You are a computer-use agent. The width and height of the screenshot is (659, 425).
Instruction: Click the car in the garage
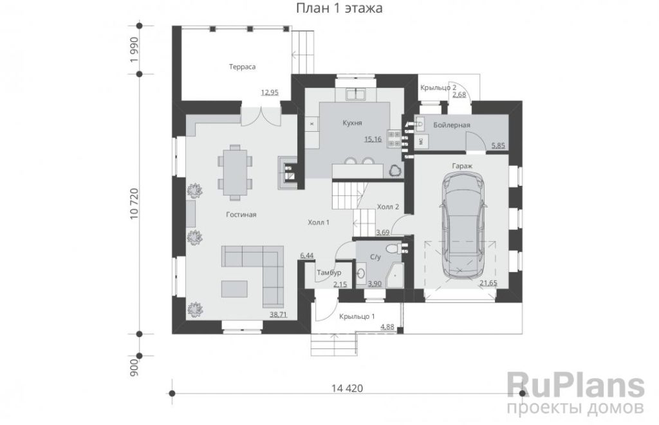tap(462, 226)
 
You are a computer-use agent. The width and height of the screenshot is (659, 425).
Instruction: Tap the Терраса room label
tap(242, 67)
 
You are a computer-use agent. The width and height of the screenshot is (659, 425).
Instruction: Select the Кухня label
tap(352, 123)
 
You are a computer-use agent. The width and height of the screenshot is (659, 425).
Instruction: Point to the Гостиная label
tap(241, 215)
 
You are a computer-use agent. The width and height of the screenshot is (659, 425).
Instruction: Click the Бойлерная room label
tap(452, 125)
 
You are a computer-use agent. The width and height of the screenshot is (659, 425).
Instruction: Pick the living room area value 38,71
tap(278, 314)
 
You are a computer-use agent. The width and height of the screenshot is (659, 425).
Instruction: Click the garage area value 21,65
tap(488, 283)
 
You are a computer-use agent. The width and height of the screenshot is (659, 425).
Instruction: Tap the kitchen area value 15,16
tap(373, 139)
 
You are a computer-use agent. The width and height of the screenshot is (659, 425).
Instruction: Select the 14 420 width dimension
tap(347, 388)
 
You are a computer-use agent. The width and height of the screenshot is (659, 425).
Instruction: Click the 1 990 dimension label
tap(134, 50)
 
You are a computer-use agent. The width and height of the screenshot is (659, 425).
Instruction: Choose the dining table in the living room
tap(235, 172)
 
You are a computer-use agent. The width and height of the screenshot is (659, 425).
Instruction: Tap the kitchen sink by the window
tap(355, 94)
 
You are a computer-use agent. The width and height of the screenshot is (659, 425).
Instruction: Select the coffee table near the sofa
tap(234, 289)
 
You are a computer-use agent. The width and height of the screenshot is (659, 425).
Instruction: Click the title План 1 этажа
tap(340, 8)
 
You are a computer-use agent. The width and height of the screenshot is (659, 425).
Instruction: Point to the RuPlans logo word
tap(576, 385)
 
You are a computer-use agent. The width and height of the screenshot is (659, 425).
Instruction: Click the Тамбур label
tap(329, 273)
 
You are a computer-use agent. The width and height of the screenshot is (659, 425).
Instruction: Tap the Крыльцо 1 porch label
tap(357, 316)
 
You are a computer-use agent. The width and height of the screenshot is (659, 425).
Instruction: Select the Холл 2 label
tap(388, 206)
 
